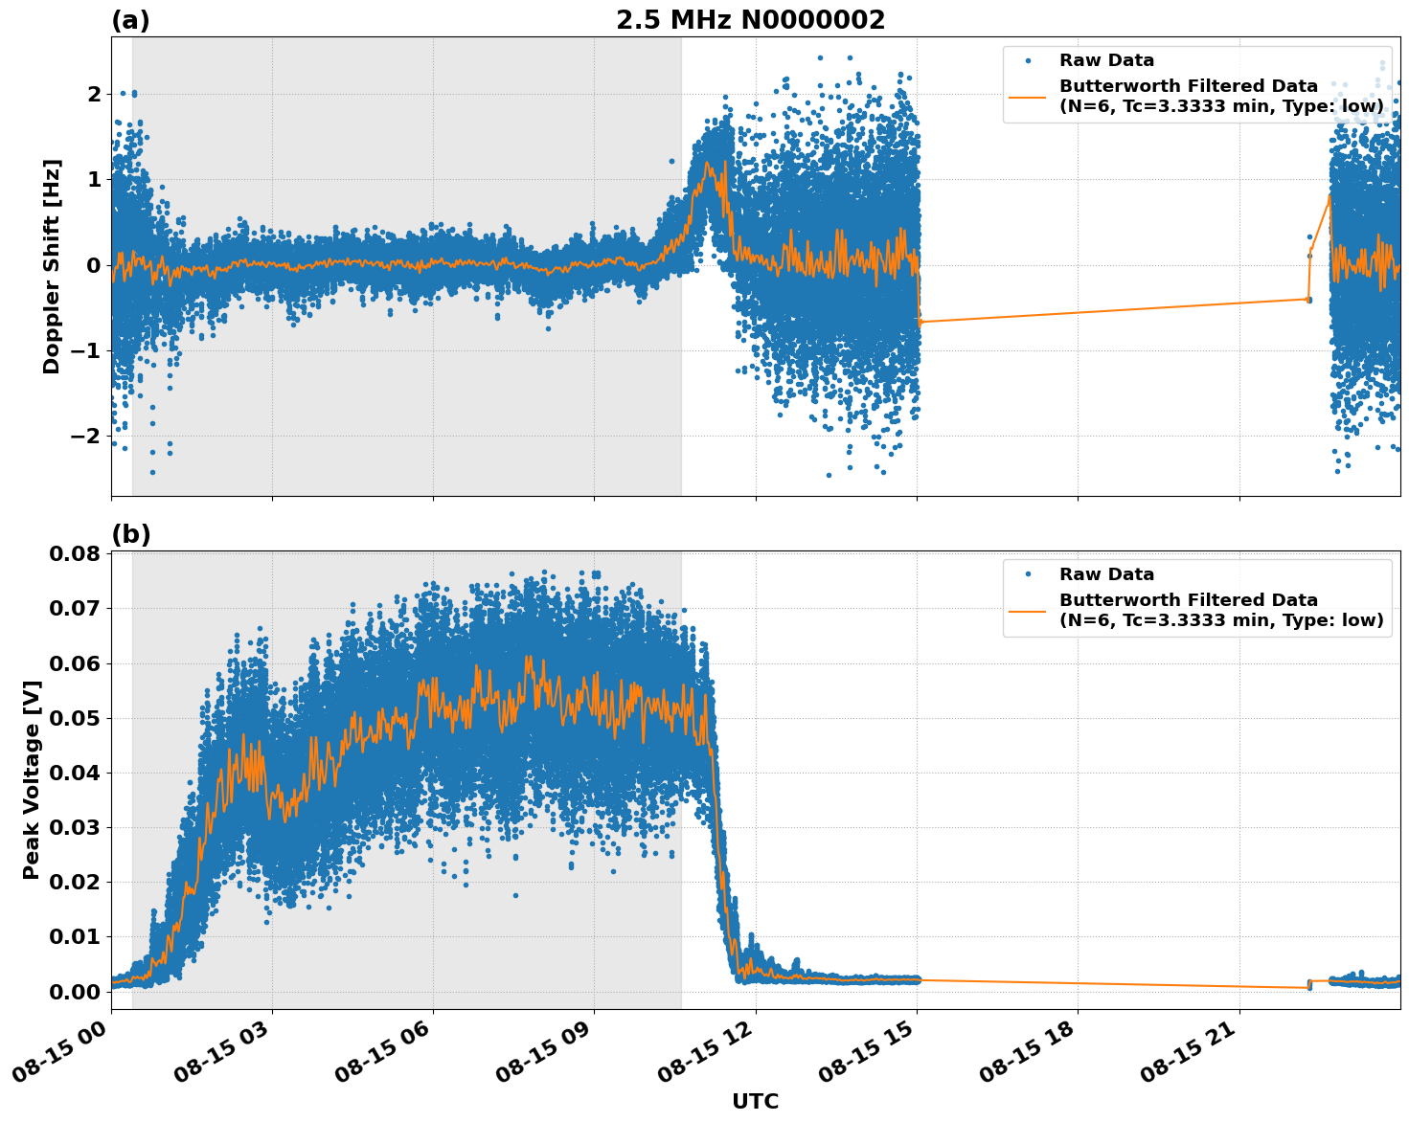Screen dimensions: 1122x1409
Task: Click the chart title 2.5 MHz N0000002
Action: pyautogui.click(x=750, y=20)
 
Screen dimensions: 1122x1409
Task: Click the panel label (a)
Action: pyautogui.click(x=130, y=20)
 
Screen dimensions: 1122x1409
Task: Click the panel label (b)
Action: pyautogui.click(x=130, y=534)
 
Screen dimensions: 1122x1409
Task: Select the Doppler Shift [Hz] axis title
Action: pyautogui.click(x=52, y=266)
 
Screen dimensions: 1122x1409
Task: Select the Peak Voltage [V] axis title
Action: pyautogui.click(x=32, y=779)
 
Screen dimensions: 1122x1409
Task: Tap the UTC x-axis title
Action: pyautogui.click(x=755, y=1101)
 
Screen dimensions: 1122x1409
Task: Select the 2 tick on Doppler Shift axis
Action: pyautogui.click(x=93, y=94)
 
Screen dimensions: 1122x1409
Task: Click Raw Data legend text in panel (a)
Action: pyautogui.click(x=1106, y=60)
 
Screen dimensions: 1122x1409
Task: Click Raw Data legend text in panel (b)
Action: pyautogui.click(x=1106, y=574)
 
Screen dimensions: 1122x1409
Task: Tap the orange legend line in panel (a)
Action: pyautogui.click(x=1028, y=96)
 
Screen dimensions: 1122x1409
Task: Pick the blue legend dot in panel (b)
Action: pyautogui.click(x=1028, y=574)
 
